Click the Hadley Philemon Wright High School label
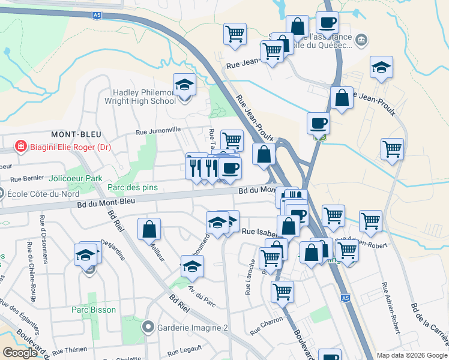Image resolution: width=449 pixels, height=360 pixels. coord(144,97)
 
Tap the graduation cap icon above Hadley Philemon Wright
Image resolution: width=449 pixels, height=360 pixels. coord(184,85)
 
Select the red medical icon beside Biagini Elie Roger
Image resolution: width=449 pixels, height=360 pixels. coord(20,146)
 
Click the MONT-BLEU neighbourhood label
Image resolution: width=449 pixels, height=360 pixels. coord(76,134)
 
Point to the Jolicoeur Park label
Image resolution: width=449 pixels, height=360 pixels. coord(76,178)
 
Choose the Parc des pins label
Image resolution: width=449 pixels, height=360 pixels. coord(133,187)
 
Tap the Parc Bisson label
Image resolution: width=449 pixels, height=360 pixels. coord(93,310)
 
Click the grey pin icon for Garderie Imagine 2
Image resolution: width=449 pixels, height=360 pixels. coord(148,328)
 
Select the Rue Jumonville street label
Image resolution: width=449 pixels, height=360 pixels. coord(158,130)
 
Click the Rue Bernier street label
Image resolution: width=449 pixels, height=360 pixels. coord(28,178)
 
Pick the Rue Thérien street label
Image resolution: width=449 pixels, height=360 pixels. coord(70,350)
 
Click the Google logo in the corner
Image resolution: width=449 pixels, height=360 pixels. coord(20,353)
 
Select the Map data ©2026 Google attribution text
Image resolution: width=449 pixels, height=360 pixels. coord(411,355)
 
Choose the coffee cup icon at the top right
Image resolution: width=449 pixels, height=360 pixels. coord(327,23)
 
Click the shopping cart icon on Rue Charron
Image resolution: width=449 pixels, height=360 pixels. coord(282,292)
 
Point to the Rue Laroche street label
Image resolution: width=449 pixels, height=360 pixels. coord(250,277)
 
